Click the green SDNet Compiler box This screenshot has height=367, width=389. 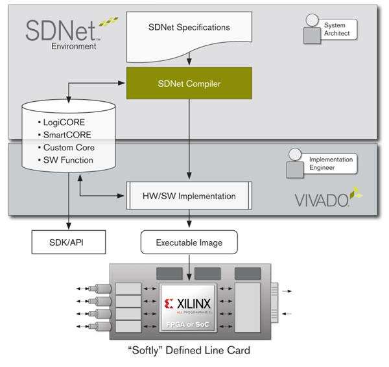(189, 84)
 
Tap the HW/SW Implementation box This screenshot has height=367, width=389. (189, 196)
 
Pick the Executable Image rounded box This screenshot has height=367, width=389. (189, 243)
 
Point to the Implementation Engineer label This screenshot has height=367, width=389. (330, 163)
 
